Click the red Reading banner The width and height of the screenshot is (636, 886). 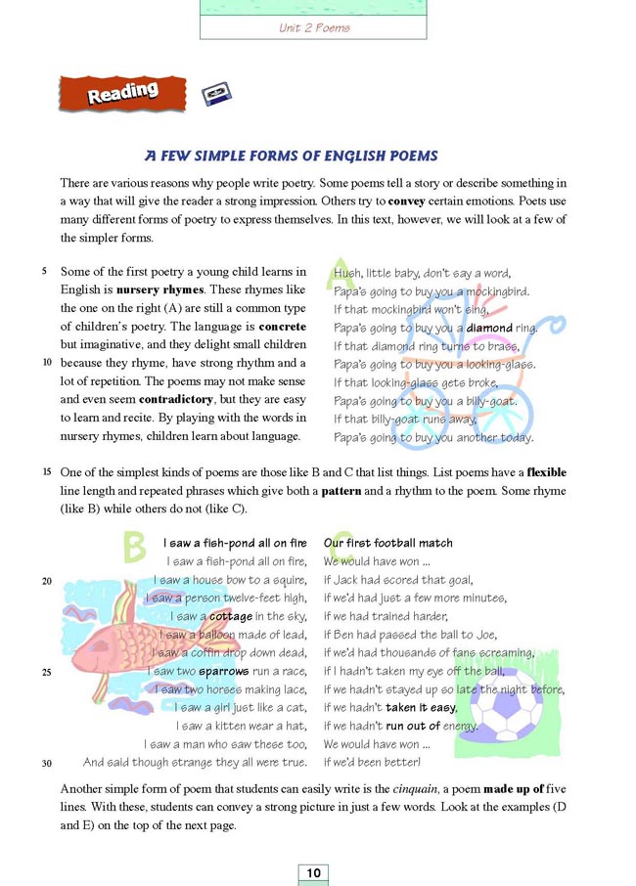point(122,93)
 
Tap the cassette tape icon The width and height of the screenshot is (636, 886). point(216,93)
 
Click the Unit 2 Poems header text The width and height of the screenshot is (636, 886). point(314,27)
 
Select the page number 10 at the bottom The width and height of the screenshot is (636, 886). point(312,872)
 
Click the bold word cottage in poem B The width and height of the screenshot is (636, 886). point(230,616)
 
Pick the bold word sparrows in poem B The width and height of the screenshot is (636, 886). point(223,672)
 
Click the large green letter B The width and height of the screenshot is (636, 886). point(135,548)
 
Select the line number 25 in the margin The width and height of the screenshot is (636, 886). point(47,672)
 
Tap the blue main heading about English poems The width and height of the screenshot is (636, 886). point(291,155)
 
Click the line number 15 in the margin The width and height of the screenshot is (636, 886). point(47,472)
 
